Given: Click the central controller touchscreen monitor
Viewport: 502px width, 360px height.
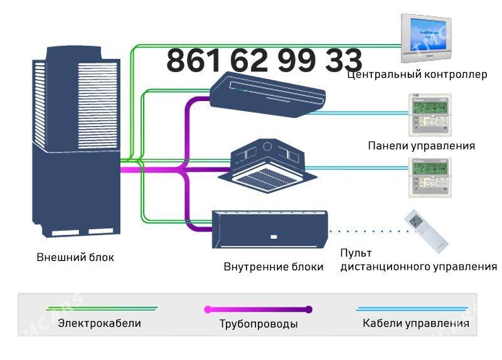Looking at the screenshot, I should [425, 36].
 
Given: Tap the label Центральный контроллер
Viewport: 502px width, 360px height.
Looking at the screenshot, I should [417, 75].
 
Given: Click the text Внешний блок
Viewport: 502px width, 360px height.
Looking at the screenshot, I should [75, 257].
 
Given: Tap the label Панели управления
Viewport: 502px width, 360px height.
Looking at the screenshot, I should [421, 146].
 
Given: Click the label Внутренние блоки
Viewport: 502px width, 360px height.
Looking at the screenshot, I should [274, 267].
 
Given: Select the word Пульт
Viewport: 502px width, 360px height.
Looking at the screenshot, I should [356, 253].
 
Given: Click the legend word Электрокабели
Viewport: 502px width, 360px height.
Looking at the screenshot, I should [99, 324].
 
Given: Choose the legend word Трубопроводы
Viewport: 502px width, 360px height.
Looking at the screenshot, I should [259, 324].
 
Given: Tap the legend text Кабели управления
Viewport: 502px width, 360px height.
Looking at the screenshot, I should [415, 324].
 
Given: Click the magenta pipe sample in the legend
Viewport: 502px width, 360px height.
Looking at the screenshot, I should [258, 309].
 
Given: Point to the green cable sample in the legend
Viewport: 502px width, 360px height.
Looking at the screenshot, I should [101, 309].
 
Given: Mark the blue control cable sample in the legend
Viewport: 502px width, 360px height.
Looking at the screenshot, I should [412, 309].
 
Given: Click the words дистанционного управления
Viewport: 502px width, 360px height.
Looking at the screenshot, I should [418, 267].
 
